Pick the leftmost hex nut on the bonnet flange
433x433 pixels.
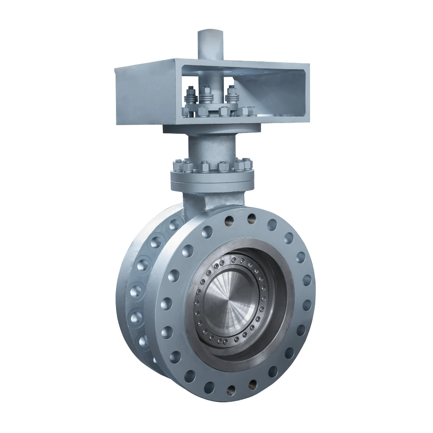(178, 166)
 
